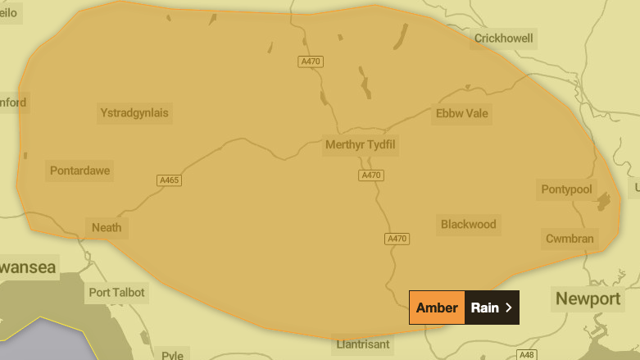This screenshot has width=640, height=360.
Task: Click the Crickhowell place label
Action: (504, 39)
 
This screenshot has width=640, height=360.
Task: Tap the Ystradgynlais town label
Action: (134, 112)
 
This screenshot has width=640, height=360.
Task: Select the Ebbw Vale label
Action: (462, 113)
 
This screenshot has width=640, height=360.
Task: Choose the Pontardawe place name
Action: (79, 171)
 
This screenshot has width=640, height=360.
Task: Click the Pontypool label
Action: (566, 189)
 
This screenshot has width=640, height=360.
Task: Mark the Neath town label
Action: (107, 227)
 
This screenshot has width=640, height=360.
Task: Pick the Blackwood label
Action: (468, 224)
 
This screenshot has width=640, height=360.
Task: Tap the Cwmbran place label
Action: (570, 239)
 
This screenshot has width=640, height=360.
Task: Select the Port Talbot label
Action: (116, 292)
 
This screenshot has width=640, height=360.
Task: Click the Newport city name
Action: (588, 298)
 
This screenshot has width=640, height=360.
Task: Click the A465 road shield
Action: (169, 180)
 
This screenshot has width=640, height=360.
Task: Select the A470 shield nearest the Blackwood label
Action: (396, 239)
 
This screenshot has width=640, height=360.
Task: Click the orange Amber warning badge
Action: (437, 308)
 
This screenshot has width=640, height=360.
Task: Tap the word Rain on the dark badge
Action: (484, 308)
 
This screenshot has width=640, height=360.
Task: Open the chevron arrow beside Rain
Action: (509, 308)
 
